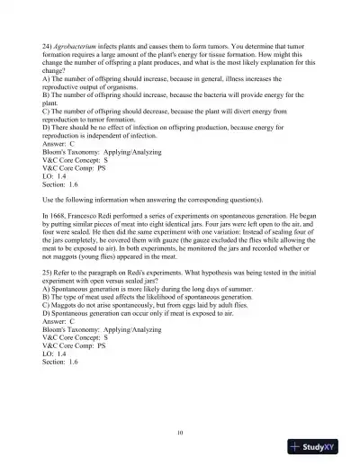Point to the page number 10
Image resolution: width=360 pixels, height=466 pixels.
pyautogui.click(x=180, y=433)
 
